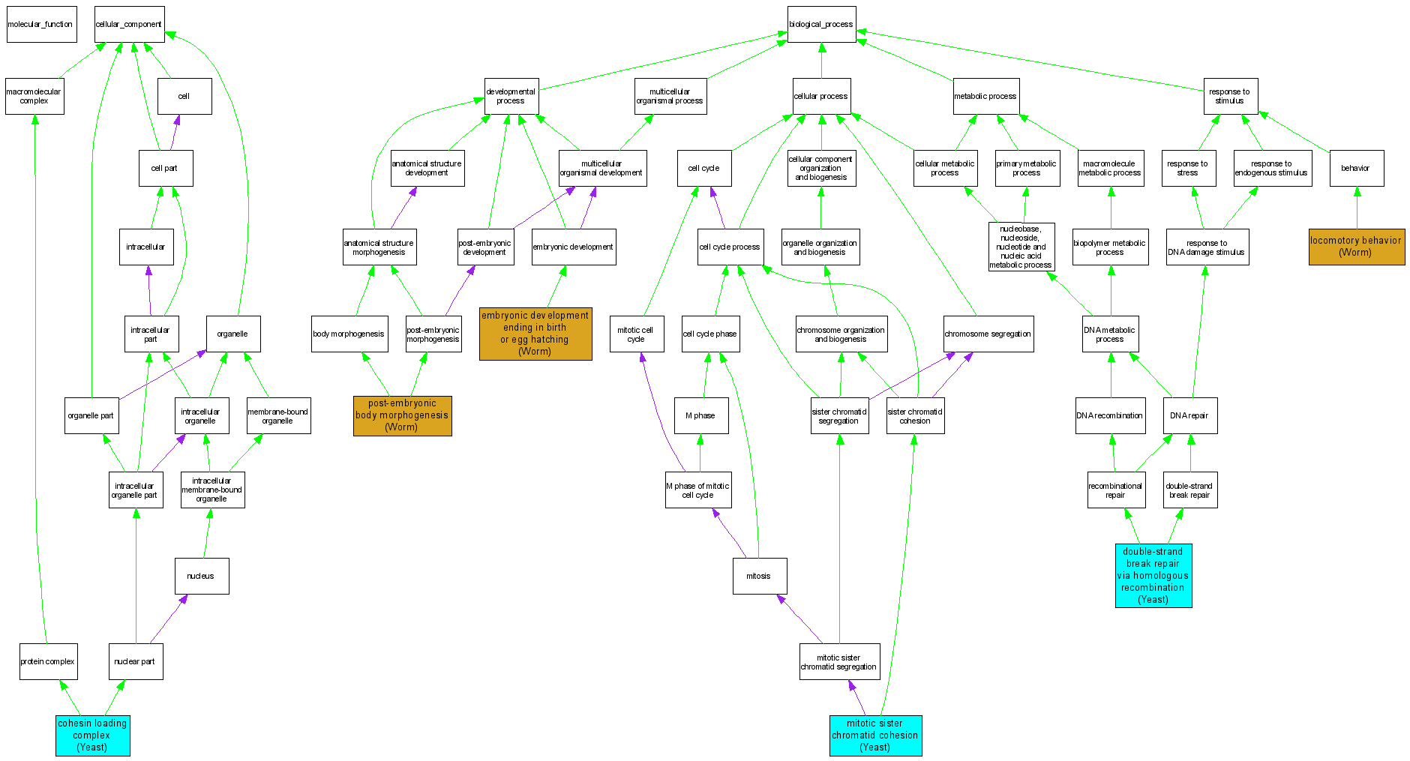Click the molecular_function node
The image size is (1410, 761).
click(x=41, y=24)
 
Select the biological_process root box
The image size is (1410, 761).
click(x=821, y=24)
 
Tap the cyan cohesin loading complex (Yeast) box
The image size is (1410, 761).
click(x=92, y=736)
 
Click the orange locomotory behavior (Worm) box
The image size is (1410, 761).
click(x=1356, y=247)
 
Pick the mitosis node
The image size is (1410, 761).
click(x=759, y=576)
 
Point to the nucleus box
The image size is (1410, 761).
click(x=201, y=576)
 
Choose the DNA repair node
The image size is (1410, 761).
click(x=1189, y=415)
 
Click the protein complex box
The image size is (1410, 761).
click(x=48, y=661)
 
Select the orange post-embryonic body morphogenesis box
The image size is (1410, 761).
click(x=402, y=415)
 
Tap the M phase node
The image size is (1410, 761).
click(x=700, y=415)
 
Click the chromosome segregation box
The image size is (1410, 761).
click(x=988, y=334)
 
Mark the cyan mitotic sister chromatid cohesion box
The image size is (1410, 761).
click(x=875, y=736)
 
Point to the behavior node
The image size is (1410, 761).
click(x=1356, y=168)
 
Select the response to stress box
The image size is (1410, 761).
click(x=1187, y=168)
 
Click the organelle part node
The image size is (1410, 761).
click(x=91, y=415)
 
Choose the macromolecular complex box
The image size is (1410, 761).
click(x=34, y=96)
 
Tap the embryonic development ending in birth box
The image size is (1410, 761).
click(x=535, y=334)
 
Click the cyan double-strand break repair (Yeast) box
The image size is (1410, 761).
click(x=1153, y=576)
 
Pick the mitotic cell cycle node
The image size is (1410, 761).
click(x=636, y=334)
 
